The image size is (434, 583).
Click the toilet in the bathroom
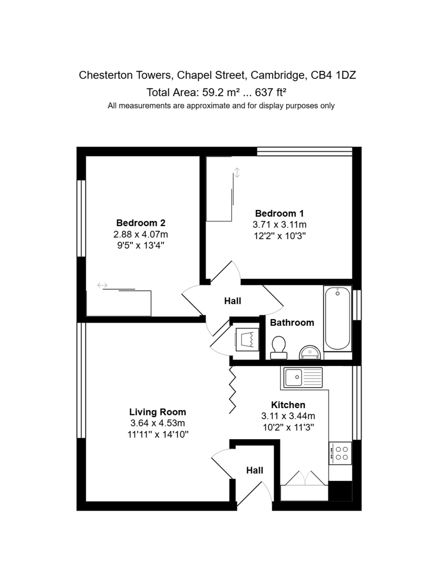tap(279, 347)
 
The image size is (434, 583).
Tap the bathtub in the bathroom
tap(337, 318)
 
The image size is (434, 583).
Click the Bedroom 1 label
tap(279, 213)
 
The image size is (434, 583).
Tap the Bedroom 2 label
tap(141, 223)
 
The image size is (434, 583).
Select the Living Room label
tap(157, 412)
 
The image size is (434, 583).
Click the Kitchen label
tap(288, 405)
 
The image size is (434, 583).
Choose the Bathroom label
tap(292, 323)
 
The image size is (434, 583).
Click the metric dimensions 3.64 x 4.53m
tap(157, 423)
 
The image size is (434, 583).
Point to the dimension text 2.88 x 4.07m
tap(141, 234)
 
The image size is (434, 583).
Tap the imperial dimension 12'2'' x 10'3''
tap(279, 236)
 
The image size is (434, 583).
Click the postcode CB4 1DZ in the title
tap(333, 75)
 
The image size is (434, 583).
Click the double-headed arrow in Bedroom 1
tap(237, 172)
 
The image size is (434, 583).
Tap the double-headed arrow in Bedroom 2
tap(103, 285)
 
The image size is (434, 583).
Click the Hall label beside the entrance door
tap(255, 470)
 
